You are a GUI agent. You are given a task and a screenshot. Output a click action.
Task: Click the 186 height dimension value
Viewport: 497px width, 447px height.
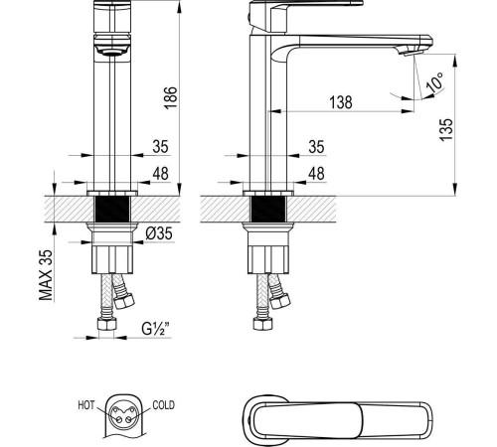point(171,96)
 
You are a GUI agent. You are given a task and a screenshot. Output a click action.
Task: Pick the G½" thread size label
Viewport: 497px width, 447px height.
point(156,327)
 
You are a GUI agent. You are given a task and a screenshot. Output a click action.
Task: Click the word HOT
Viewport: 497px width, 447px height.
point(86,406)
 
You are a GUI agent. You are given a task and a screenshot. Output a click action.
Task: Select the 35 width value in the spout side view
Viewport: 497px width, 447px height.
point(316,147)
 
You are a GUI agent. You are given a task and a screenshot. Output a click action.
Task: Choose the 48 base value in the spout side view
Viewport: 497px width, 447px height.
point(316,173)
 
